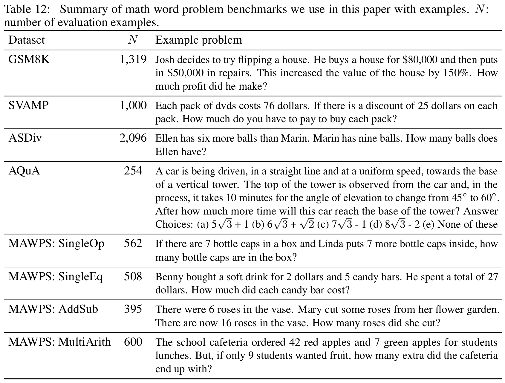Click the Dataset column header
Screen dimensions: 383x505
click(26, 40)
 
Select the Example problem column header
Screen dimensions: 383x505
click(198, 40)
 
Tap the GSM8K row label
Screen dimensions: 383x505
click(29, 60)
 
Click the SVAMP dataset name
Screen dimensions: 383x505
click(28, 105)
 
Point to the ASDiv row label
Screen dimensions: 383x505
click(25, 138)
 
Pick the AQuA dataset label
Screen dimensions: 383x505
click(24, 171)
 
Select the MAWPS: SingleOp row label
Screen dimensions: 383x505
click(56, 244)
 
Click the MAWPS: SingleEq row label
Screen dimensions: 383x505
click(56, 277)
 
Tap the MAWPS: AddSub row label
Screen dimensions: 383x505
click(53, 309)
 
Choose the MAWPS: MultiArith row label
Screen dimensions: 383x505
click(59, 342)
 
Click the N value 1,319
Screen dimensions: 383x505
click(133, 60)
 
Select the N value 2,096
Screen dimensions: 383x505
click(133, 138)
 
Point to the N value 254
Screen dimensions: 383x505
click(133, 171)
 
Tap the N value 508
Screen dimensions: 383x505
click(133, 277)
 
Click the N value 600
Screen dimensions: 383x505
click(133, 342)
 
